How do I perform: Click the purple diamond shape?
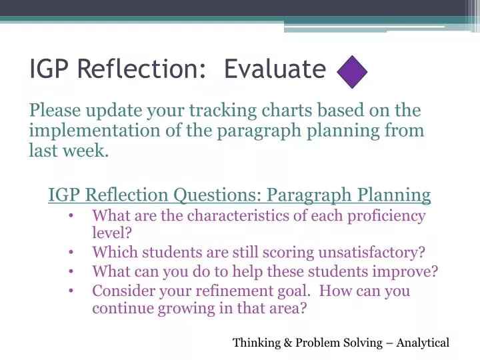pos(353,71)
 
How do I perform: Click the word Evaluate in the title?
pos(275,69)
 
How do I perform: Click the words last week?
pos(68,151)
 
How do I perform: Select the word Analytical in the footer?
pos(423,343)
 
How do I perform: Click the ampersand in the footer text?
pos(288,343)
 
